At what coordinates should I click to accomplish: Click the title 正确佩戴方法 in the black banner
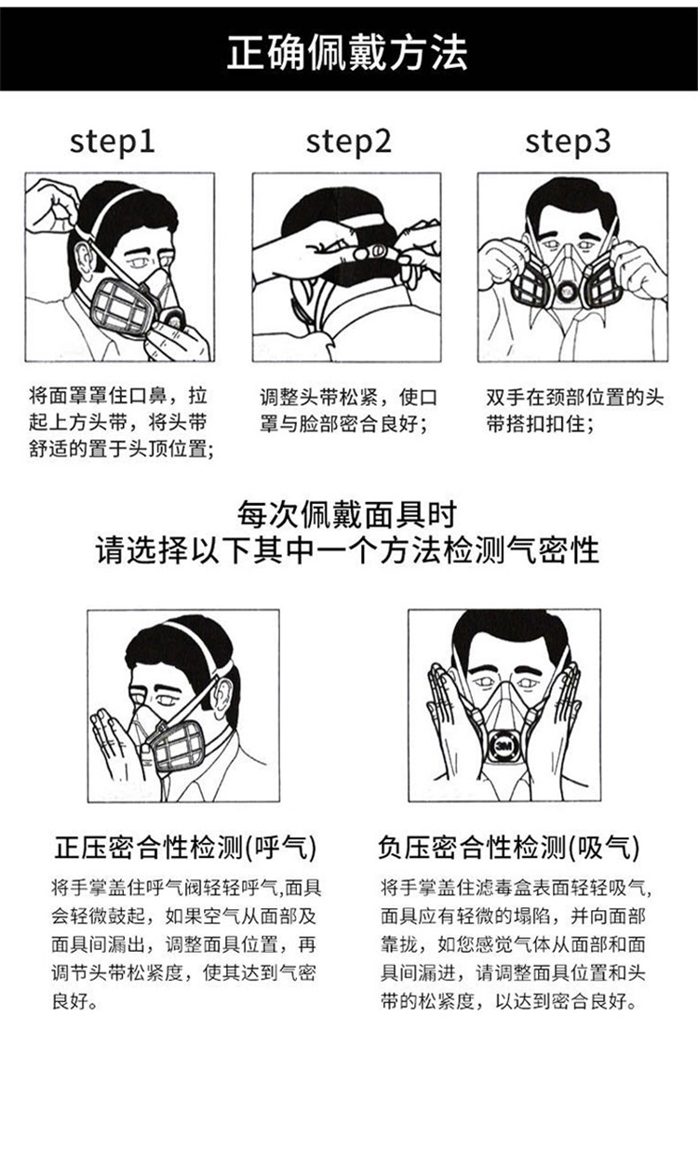click(347, 52)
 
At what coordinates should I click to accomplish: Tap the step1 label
click(113, 142)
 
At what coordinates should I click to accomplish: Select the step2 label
click(348, 142)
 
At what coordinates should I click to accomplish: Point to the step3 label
click(568, 142)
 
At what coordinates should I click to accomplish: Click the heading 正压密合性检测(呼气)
click(186, 848)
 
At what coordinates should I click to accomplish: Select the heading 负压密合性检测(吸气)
click(509, 848)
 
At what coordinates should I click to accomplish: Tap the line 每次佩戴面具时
click(347, 515)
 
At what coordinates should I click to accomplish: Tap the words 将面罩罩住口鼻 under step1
click(98, 396)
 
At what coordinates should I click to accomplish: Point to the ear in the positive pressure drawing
click(222, 694)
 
